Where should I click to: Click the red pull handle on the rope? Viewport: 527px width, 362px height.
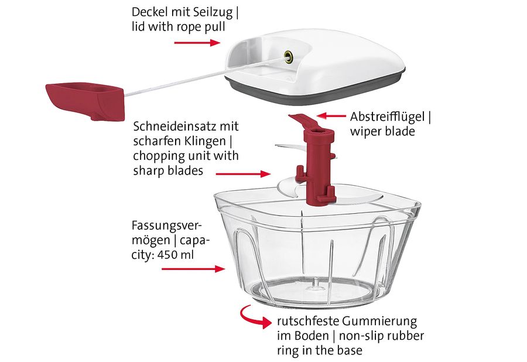[x=85, y=101]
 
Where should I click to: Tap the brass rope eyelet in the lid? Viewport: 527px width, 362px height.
[x=288, y=56]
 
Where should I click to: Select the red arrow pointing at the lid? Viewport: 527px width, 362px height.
[x=197, y=43]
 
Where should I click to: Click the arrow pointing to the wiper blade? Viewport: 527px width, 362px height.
[x=331, y=116]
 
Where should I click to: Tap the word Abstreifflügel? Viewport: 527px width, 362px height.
[x=387, y=117]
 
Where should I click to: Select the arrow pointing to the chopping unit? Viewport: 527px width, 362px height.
[x=243, y=174]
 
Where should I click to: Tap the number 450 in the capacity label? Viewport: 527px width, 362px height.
[x=167, y=254]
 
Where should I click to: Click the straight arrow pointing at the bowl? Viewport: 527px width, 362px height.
[x=193, y=268]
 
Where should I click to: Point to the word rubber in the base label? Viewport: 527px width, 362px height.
[x=405, y=336]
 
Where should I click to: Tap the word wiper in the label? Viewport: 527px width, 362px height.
[x=365, y=131]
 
